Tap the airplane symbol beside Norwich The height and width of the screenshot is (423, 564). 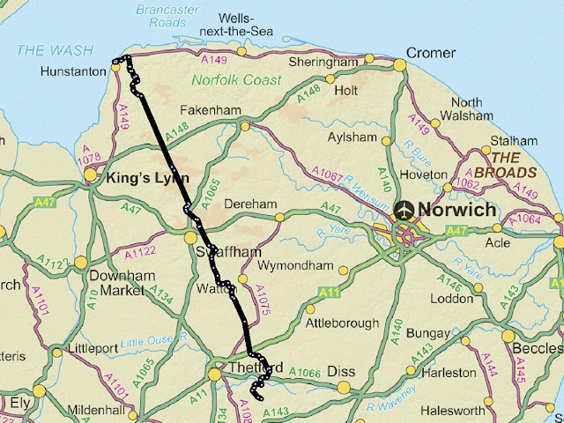[x=405, y=210]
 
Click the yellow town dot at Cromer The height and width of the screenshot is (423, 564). [x=399, y=64]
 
